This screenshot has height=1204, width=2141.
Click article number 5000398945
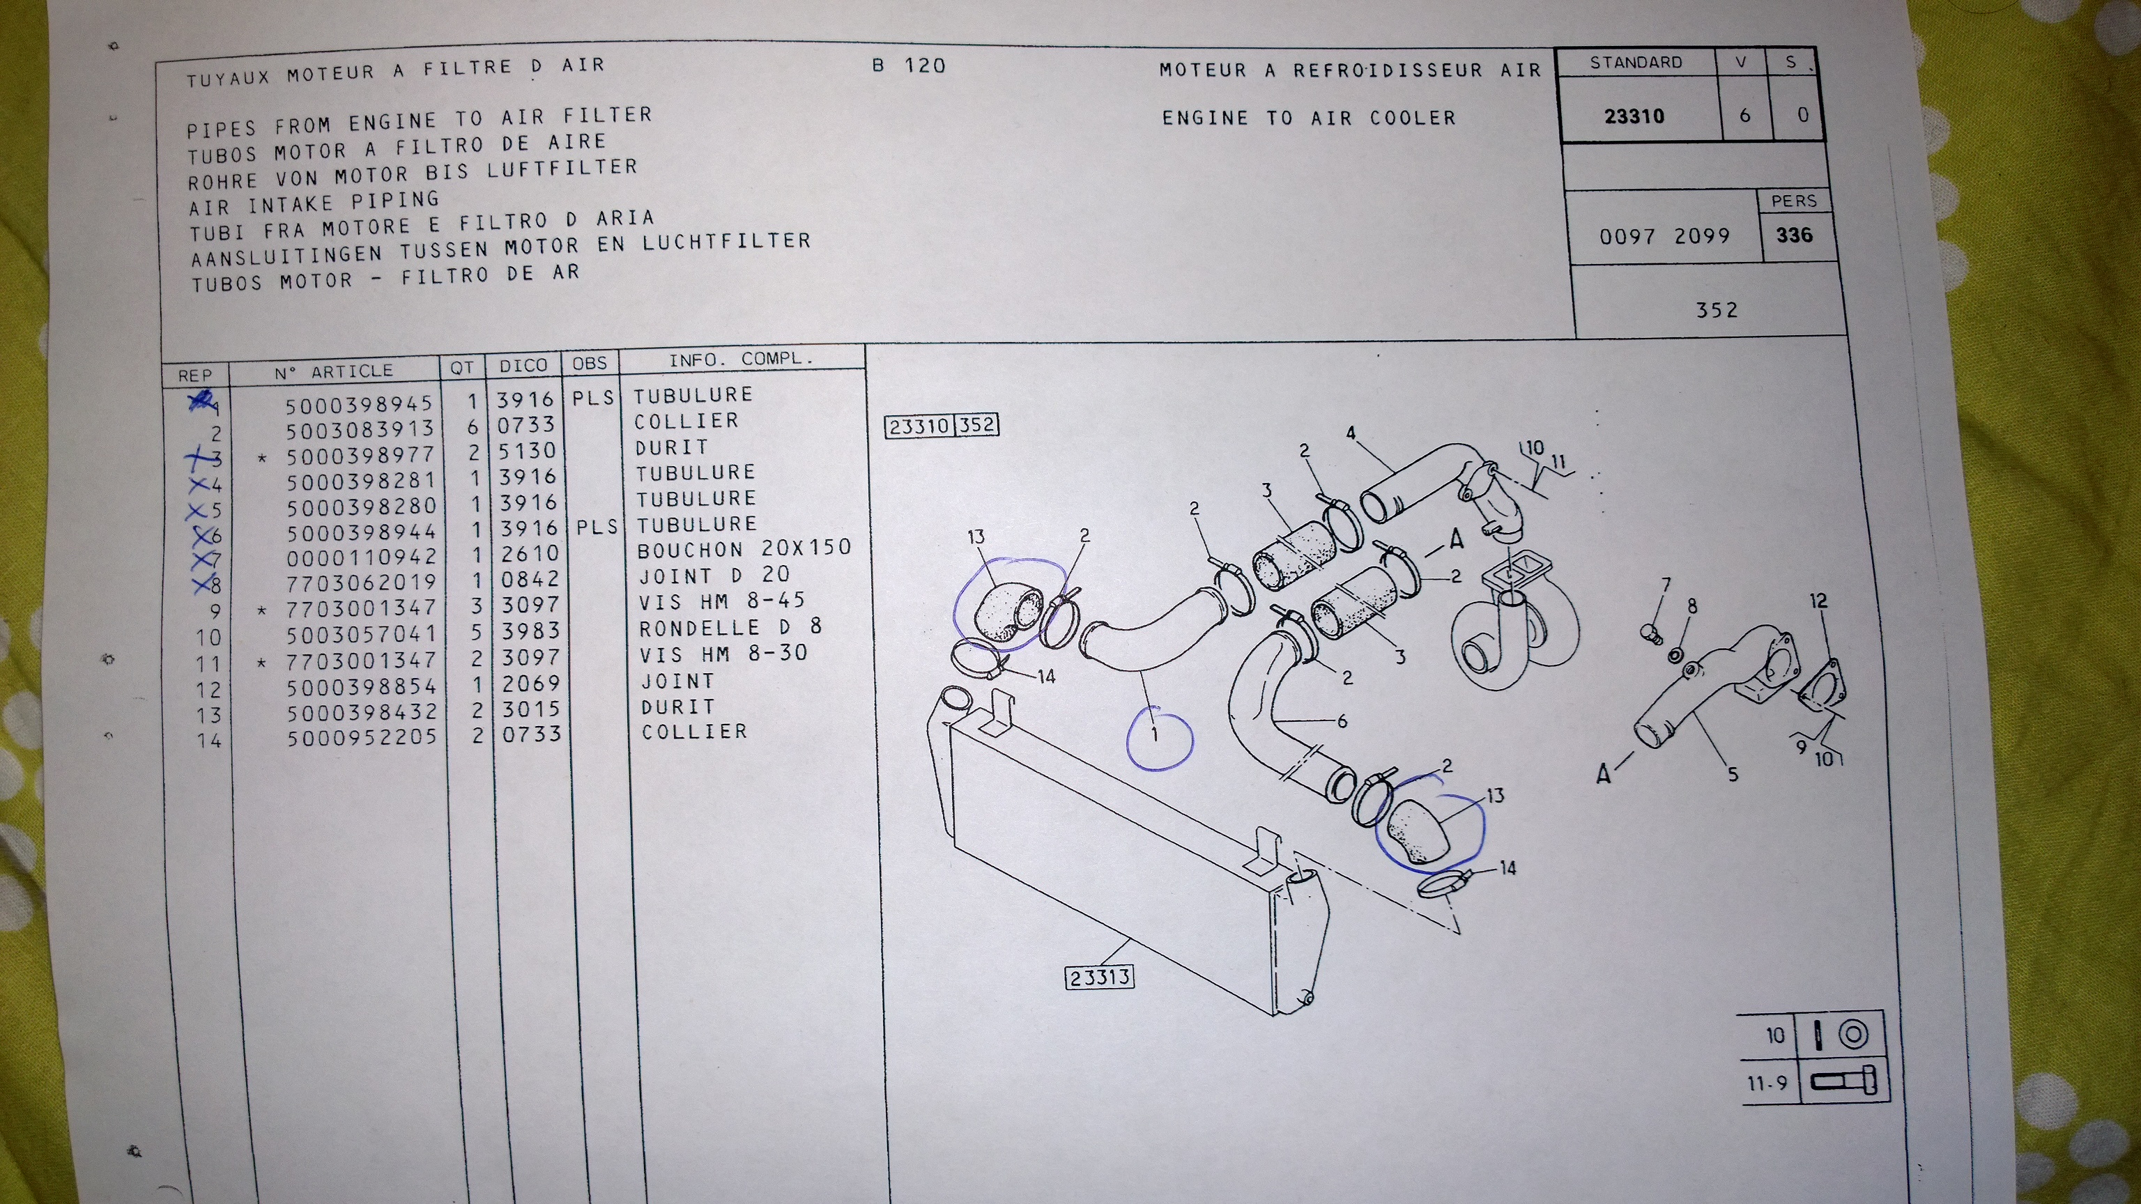tap(359, 405)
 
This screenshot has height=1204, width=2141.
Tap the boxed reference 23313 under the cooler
tap(1100, 977)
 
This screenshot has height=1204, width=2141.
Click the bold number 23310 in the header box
tap(1634, 116)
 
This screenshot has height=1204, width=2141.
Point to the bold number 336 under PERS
tap(1794, 235)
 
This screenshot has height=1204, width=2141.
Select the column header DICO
tap(523, 366)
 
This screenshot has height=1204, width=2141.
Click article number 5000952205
tap(362, 737)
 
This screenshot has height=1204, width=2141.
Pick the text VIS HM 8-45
tap(722, 601)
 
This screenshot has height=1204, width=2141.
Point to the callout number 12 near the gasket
tap(1818, 601)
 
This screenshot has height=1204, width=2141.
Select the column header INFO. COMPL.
tap(741, 360)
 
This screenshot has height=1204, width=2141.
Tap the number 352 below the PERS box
tap(1717, 310)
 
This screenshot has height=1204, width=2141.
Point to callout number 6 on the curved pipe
tap(1342, 721)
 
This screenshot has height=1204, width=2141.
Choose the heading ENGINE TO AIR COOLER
tap(1309, 118)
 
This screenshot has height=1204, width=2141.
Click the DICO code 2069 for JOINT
tap(530, 684)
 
